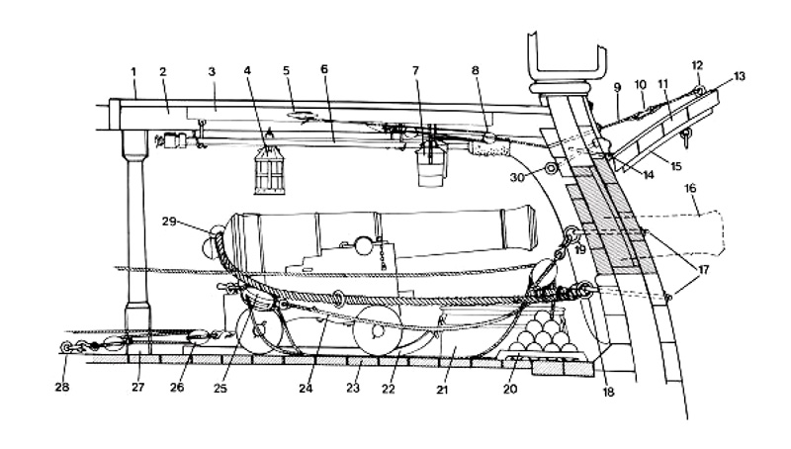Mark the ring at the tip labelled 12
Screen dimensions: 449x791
[x=699, y=92]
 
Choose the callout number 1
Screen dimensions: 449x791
[x=132, y=72]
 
